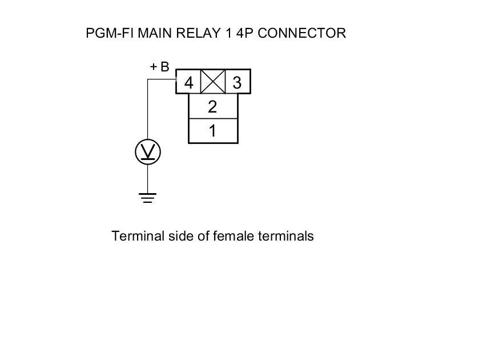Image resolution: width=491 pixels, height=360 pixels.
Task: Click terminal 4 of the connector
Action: point(188,83)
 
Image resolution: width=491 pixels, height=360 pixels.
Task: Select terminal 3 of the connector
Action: point(238,83)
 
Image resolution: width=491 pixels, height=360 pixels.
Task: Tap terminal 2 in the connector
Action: point(212,106)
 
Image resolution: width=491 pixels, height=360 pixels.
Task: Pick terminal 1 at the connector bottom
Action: point(212,131)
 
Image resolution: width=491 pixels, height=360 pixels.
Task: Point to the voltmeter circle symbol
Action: point(148,152)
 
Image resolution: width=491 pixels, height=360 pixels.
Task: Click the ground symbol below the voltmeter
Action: point(148,198)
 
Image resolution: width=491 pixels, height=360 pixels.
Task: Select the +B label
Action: point(159,67)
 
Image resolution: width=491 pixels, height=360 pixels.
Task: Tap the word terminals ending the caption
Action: point(285,236)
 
